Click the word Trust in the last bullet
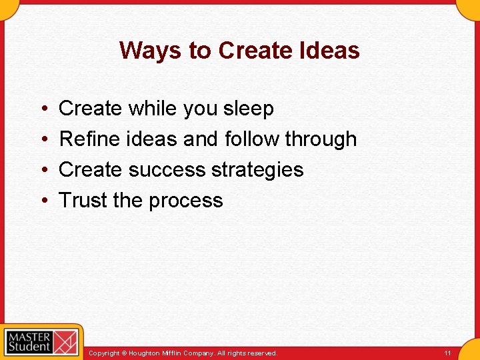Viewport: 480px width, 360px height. [83, 201]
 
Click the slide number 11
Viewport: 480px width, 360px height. [447, 353]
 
